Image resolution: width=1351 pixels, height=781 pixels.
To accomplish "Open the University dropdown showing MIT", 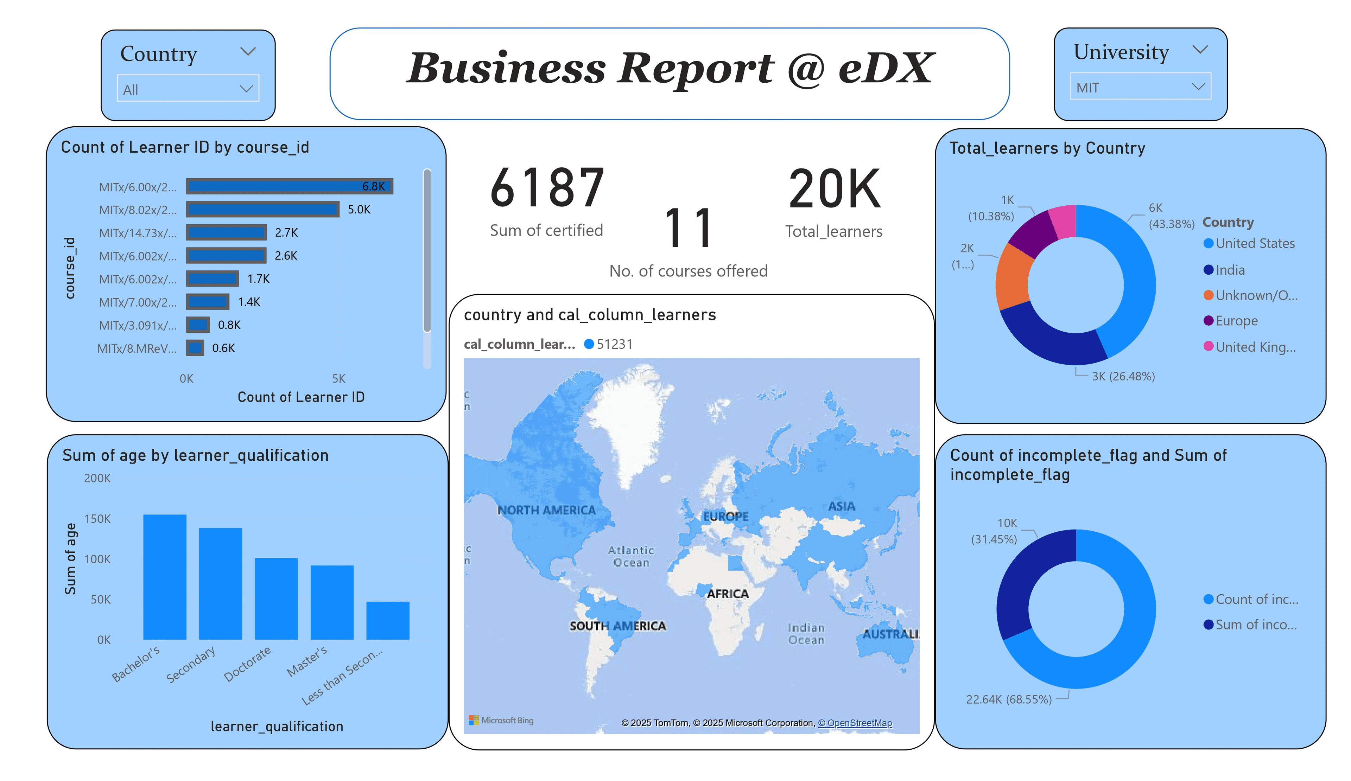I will point(1140,87).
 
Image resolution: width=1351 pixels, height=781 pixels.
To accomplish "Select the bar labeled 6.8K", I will point(290,186).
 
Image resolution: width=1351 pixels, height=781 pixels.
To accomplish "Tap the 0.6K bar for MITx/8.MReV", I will point(195,348).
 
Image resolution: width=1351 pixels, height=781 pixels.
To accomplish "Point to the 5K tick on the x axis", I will point(338,379).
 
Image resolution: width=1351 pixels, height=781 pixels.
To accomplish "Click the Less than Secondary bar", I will point(388,620).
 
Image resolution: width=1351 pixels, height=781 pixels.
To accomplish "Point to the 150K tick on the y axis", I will point(97,519).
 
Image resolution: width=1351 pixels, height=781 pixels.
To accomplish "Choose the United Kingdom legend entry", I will point(1255,347).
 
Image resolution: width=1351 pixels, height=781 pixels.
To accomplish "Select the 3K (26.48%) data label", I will point(1123,376).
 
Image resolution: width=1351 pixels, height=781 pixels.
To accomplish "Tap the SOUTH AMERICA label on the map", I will point(617,626).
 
